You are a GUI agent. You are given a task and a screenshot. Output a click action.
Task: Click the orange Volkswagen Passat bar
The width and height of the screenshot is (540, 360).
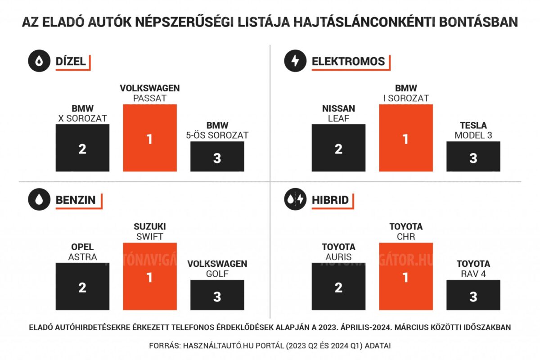(150, 138)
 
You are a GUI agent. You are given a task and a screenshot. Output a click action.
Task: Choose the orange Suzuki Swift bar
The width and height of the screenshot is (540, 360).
(150, 276)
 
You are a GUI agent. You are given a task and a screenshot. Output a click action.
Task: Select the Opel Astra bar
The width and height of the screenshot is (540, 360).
(82, 286)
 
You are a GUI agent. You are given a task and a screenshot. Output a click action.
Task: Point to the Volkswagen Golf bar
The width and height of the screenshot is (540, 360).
(217, 295)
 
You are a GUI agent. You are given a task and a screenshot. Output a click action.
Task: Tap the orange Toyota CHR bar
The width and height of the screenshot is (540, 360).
(405, 276)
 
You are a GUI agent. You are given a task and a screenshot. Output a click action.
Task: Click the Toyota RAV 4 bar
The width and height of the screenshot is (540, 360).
(473, 295)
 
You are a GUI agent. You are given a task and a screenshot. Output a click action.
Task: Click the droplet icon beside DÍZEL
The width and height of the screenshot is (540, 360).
(39, 62)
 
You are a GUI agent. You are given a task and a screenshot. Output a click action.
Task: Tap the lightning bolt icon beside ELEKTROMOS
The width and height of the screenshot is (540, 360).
(295, 62)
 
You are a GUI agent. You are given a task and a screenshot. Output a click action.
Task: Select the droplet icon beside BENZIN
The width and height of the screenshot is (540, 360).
(39, 200)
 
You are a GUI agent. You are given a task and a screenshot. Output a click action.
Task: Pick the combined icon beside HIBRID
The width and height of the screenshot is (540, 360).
(295, 200)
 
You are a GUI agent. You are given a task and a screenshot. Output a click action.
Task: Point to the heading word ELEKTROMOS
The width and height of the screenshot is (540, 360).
(348, 62)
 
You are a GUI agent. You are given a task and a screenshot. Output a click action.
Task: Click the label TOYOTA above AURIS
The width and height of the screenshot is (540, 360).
(338, 247)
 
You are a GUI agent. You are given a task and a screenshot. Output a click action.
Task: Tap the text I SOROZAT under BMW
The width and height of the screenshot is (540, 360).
(405, 98)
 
